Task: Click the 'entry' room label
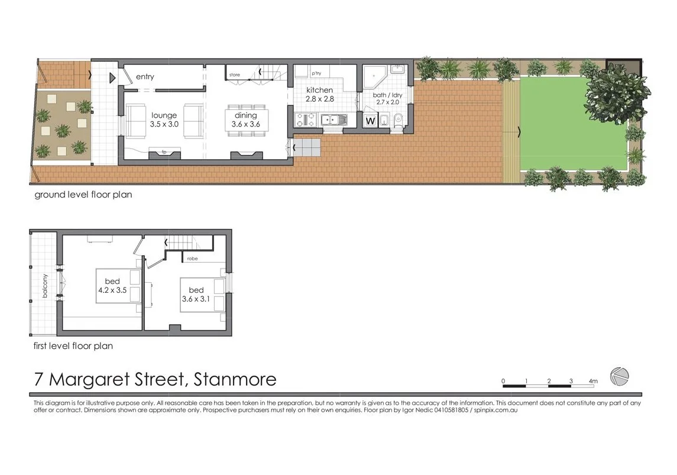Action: click(145, 77)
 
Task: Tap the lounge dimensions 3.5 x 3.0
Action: click(164, 124)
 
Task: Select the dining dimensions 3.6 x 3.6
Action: click(246, 124)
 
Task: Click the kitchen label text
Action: click(319, 91)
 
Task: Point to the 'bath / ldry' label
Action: click(387, 95)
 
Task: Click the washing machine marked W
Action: click(371, 121)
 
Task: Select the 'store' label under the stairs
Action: click(235, 75)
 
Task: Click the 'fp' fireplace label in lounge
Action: click(164, 152)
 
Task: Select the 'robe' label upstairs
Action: click(192, 259)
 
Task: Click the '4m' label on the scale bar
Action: click(593, 381)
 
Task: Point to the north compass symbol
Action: click(620, 375)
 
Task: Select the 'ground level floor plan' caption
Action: click(83, 195)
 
